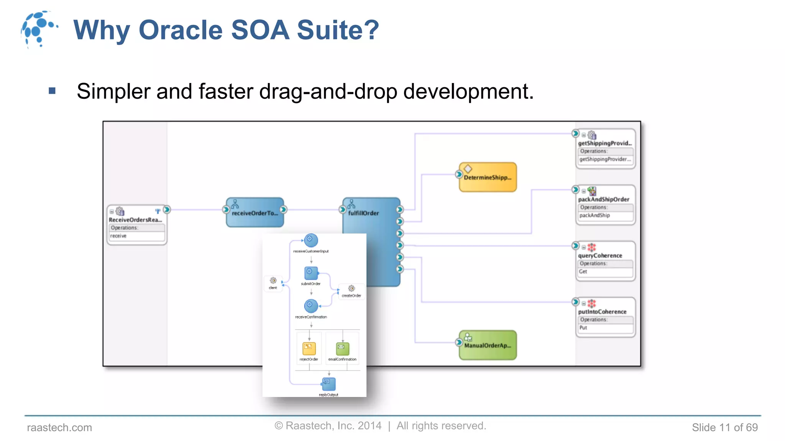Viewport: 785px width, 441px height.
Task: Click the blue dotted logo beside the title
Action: click(x=38, y=29)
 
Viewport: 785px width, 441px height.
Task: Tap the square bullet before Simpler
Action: click(x=53, y=91)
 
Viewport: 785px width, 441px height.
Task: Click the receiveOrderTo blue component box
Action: click(x=255, y=212)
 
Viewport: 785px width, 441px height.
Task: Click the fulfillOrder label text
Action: click(x=363, y=213)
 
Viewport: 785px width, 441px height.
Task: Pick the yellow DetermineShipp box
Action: click(x=488, y=177)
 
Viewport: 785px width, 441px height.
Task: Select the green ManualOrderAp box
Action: click(x=488, y=345)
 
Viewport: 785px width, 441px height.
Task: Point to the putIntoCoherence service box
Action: click(x=605, y=317)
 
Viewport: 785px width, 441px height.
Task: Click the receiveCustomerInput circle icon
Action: click(x=311, y=240)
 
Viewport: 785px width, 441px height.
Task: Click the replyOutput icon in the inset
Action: click(x=328, y=384)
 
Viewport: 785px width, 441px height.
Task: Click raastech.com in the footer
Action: click(x=59, y=427)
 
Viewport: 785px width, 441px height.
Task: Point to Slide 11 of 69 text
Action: click(x=724, y=427)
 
